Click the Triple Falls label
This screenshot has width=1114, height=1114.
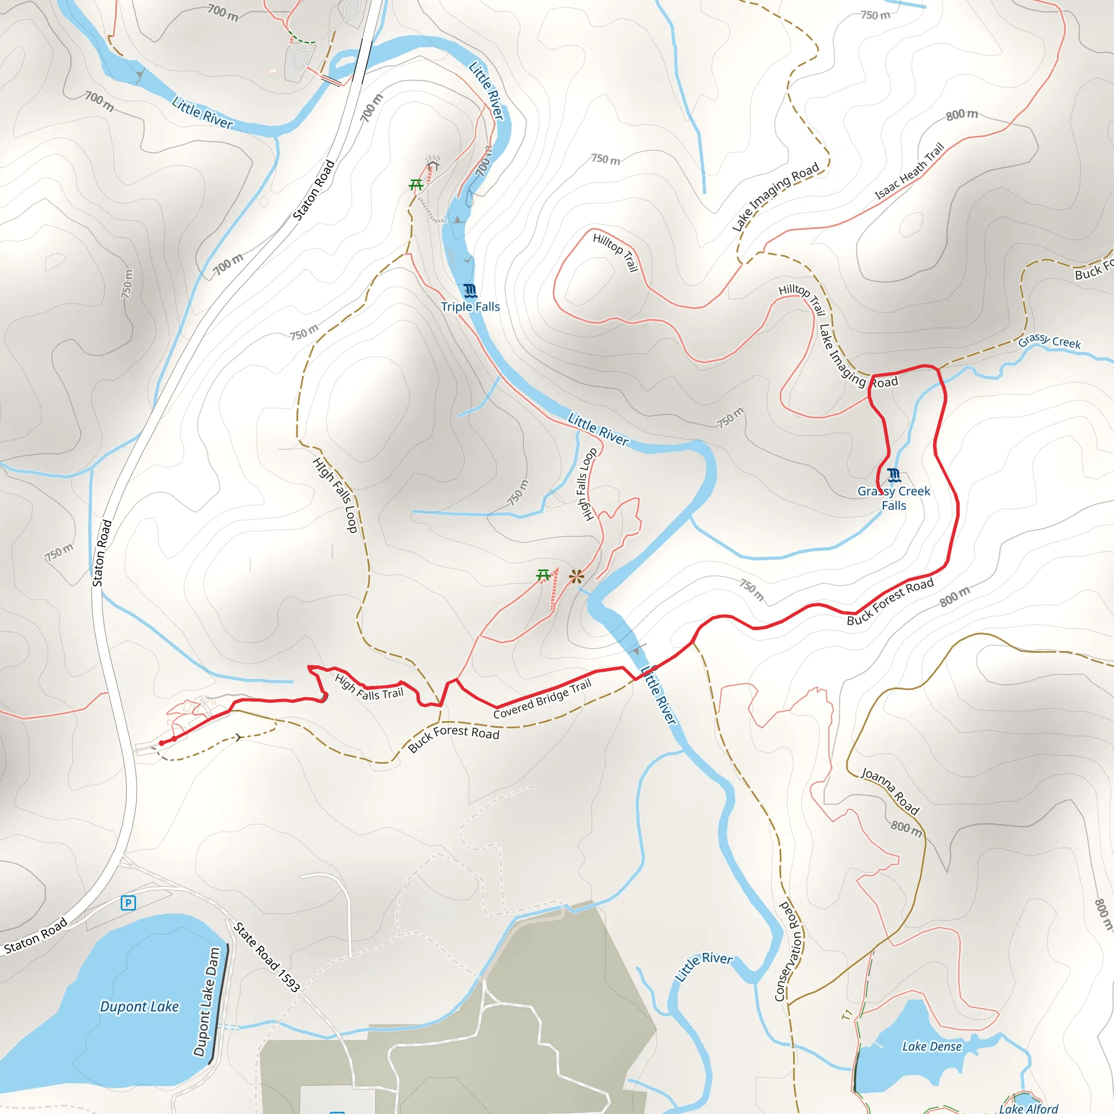click(x=470, y=307)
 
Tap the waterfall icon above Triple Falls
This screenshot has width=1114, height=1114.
click(x=470, y=290)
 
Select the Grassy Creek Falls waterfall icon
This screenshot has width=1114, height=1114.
click(x=894, y=476)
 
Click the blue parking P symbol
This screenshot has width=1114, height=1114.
click(x=128, y=903)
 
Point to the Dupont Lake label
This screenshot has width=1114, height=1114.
click(x=140, y=1007)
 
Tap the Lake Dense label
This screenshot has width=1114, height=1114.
click(x=932, y=1047)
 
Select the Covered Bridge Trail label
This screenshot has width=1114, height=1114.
click(x=542, y=699)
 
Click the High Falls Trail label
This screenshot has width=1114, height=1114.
click(x=369, y=688)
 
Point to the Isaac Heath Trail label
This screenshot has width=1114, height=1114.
click(x=909, y=171)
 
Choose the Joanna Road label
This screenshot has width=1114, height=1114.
click(x=890, y=791)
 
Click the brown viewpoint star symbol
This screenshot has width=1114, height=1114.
click(x=576, y=576)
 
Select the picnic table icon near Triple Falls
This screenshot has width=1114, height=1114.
click(x=416, y=185)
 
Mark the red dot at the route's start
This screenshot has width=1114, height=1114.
click(x=162, y=743)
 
